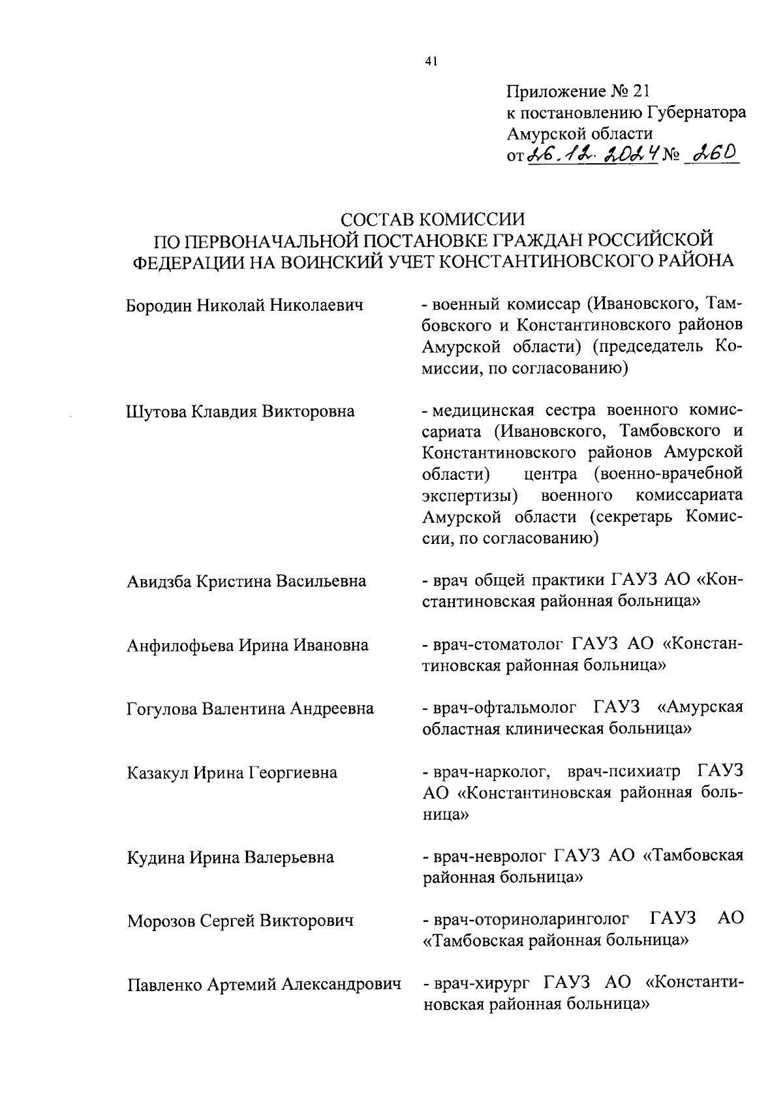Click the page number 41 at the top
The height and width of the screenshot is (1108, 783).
[x=430, y=62]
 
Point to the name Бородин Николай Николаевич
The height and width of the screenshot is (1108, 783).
[x=244, y=305]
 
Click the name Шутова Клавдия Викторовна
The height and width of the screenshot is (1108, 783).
[x=240, y=411]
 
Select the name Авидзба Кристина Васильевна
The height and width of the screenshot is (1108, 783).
[x=246, y=581]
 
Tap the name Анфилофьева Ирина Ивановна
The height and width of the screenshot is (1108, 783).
[x=247, y=645]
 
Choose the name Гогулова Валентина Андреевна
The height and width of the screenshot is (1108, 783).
[x=250, y=708]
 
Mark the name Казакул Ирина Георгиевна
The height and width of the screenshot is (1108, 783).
[x=232, y=773]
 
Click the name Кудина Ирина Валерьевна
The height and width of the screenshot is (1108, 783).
[x=230, y=857]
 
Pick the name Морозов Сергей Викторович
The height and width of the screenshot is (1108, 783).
[x=240, y=921]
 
